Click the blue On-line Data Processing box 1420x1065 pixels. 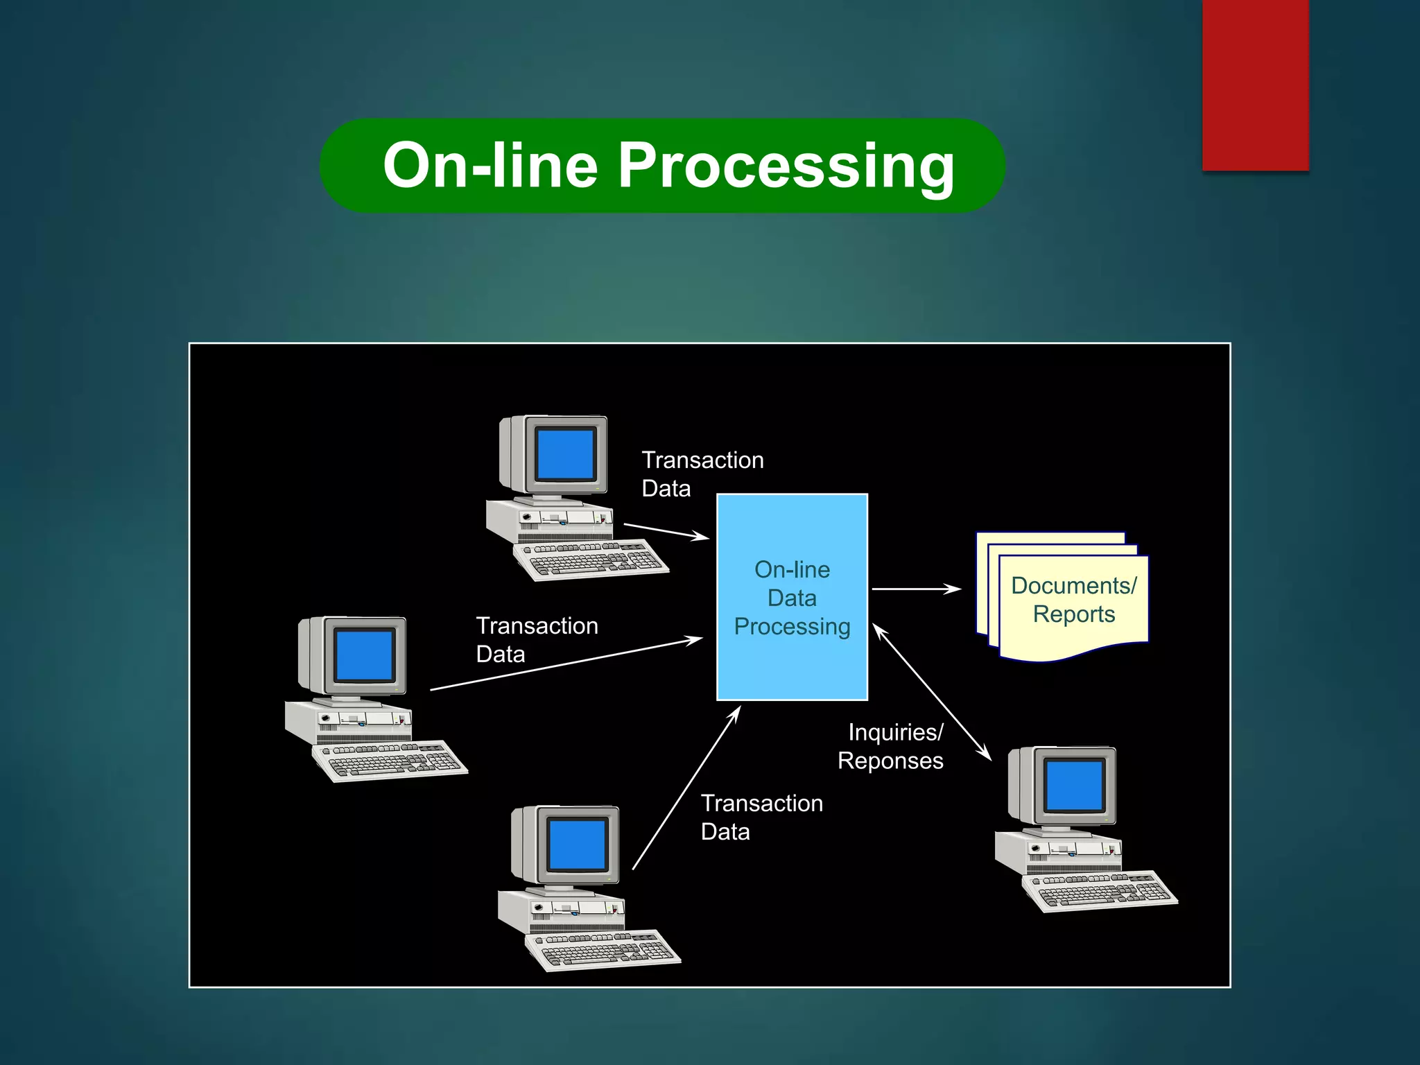[792, 596]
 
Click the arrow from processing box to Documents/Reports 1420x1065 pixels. [915, 589]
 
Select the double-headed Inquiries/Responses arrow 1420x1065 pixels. [932, 692]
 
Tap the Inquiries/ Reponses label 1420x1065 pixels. [892, 747]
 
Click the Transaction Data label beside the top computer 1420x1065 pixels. [702, 474]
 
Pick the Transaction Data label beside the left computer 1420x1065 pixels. [537, 639]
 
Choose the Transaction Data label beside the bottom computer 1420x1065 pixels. [761, 817]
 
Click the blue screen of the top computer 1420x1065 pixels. [565, 454]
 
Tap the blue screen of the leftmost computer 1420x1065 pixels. [364, 655]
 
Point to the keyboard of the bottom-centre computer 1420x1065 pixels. [603, 949]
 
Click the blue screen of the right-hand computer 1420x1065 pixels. [1074, 786]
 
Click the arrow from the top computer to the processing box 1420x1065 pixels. [666, 530]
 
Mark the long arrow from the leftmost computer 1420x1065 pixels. [566, 664]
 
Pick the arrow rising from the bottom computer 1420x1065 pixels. [686, 788]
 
